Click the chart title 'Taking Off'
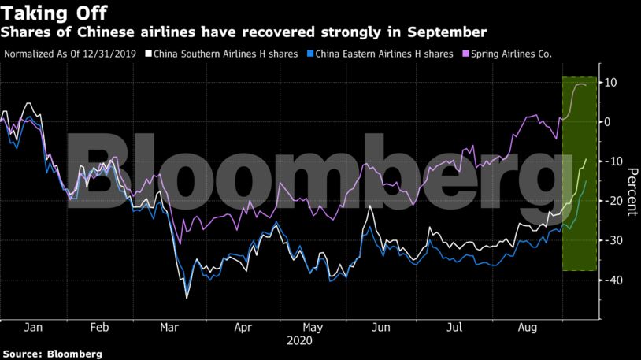[54, 13]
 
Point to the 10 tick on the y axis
[610, 82]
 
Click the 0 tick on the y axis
[608, 121]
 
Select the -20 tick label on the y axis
[611, 201]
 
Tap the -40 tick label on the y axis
[611, 280]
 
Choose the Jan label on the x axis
[33, 327]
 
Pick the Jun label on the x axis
[381, 327]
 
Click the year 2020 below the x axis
[299, 341]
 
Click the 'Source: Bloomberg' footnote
[52, 354]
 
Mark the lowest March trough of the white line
[187, 298]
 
